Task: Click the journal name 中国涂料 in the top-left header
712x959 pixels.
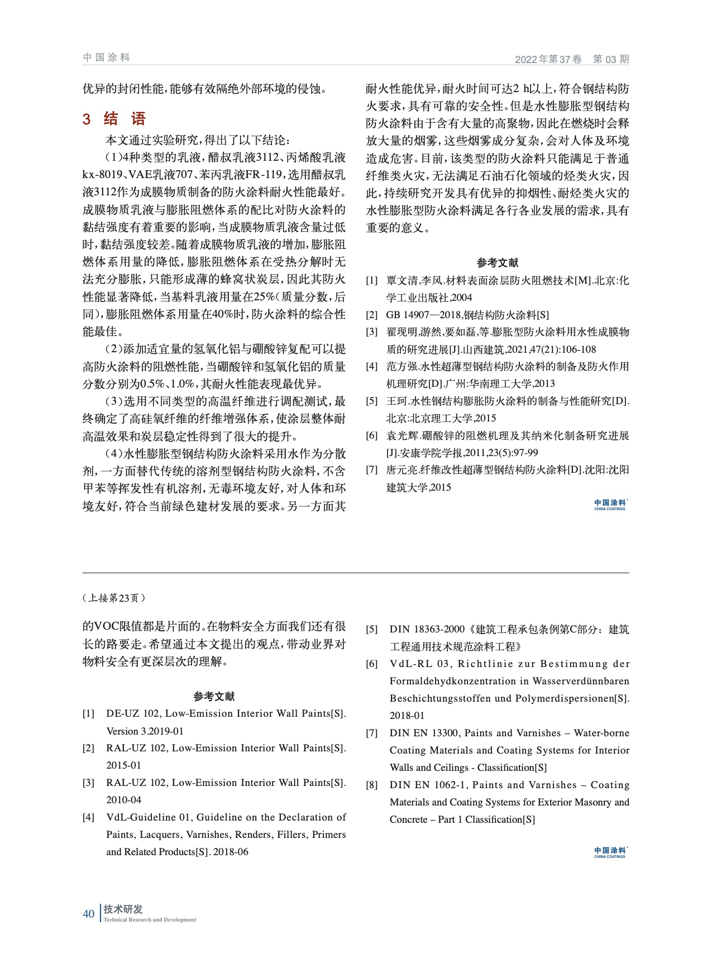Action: click(x=106, y=57)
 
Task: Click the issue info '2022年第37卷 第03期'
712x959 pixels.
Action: click(x=571, y=59)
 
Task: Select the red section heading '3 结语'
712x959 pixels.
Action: click(x=114, y=119)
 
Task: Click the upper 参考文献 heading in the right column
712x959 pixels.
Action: click(x=497, y=262)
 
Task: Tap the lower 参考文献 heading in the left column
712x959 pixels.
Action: click(x=214, y=696)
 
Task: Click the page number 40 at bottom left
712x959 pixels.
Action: click(x=88, y=914)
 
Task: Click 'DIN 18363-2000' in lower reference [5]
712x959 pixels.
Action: click(x=427, y=629)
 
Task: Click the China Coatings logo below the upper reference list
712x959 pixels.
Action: click(x=610, y=505)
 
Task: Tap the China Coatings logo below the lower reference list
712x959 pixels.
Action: click(x=610, y=852)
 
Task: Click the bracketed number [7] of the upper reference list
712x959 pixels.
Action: click(x=371, y=470)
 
